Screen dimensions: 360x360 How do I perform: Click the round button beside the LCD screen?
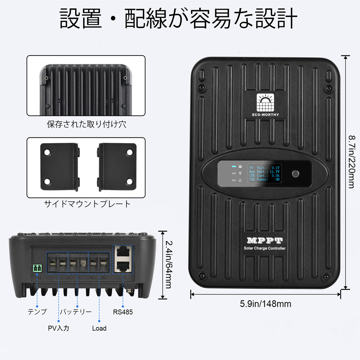(296, 174)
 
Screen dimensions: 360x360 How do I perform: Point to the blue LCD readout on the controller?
(265, 174)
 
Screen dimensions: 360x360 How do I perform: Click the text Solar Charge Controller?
(265, 248)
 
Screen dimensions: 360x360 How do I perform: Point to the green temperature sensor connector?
(37, 268)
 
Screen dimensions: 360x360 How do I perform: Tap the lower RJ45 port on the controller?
(123, 266)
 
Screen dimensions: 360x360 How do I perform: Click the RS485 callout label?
(123, 312)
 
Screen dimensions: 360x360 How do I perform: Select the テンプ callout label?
(37, 312)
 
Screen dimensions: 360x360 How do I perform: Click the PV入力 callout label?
(58, 328)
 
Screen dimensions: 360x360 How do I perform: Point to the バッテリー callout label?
(76, 312)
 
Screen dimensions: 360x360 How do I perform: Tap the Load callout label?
(99, 328)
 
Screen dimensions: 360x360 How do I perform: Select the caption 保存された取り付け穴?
(87, 125)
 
